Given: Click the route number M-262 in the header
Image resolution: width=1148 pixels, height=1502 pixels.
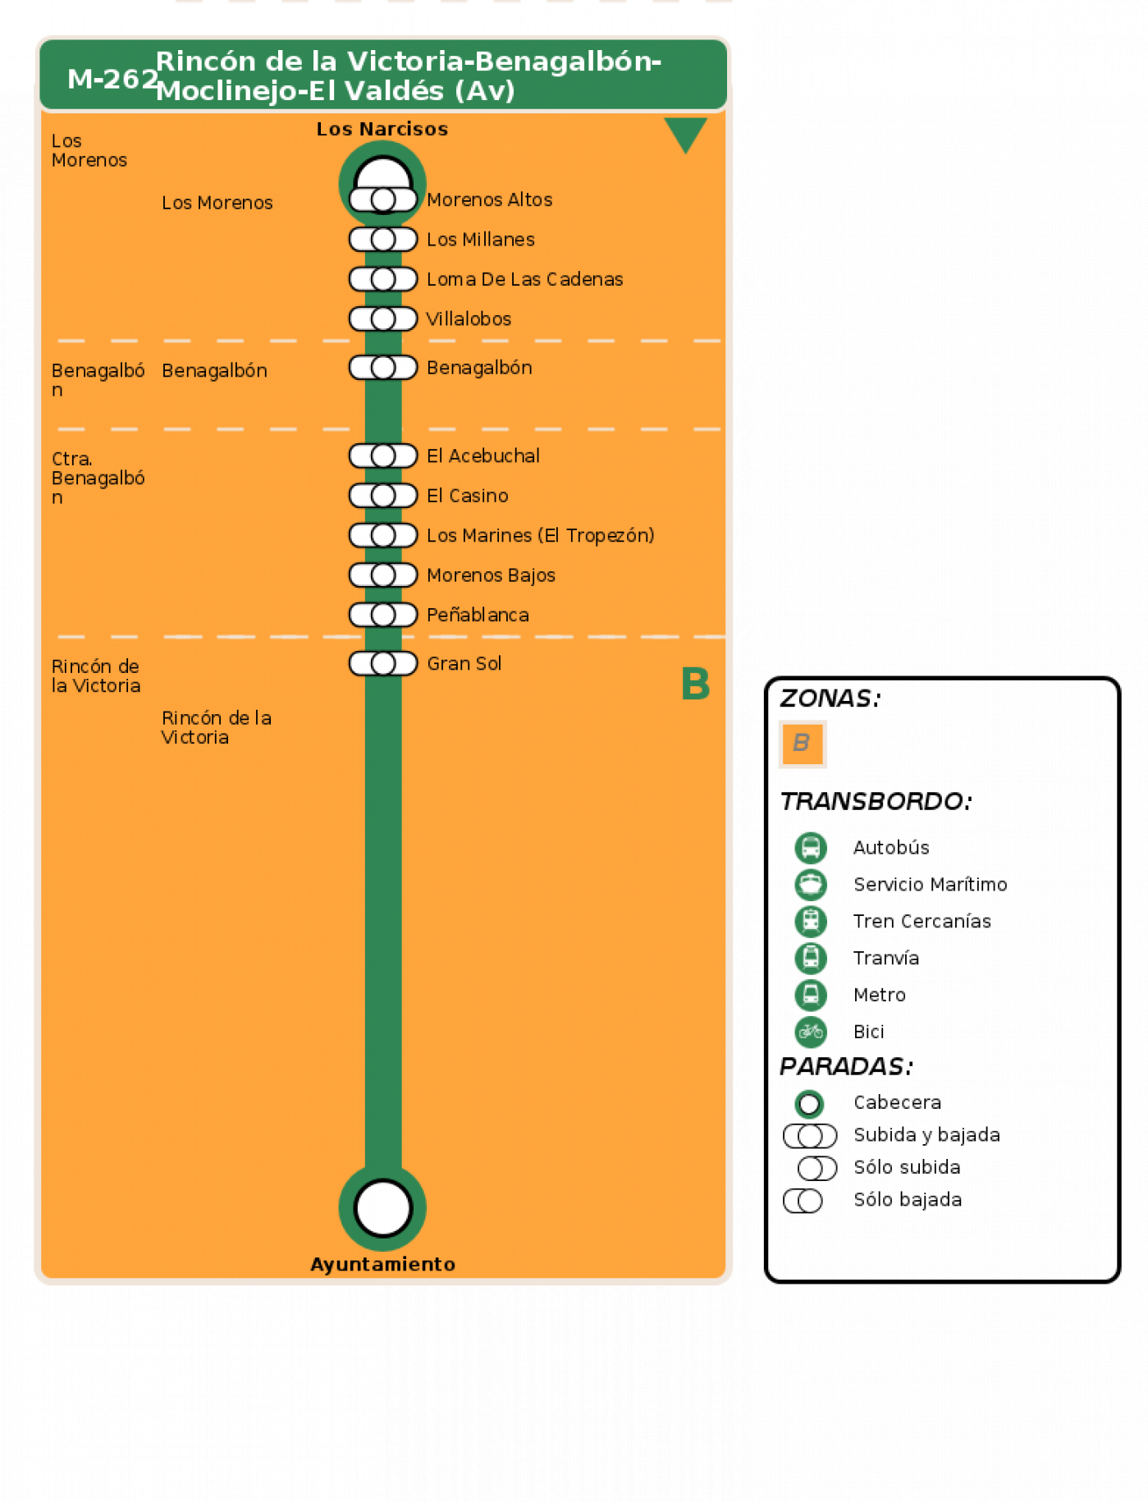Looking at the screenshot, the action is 112,79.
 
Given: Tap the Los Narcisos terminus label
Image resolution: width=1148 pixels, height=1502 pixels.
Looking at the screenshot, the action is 382,129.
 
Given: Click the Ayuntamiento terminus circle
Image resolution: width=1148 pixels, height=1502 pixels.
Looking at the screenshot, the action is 382,1207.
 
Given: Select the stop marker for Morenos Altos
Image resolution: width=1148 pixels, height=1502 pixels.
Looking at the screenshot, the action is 383,199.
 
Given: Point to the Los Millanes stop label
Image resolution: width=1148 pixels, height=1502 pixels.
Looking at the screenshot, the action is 481,240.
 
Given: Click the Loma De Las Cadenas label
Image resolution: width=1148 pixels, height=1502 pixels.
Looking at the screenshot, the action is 525,279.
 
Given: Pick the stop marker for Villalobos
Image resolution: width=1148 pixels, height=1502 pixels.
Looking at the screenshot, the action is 383,318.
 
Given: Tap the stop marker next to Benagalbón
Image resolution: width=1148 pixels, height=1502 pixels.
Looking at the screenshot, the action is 383,368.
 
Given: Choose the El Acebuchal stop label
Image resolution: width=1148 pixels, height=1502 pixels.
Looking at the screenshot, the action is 483,456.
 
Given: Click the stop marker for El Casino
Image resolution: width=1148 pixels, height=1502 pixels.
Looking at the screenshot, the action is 383,496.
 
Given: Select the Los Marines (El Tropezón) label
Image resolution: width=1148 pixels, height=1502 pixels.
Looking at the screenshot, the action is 541,535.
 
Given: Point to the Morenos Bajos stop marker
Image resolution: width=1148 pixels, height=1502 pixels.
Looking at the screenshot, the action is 383,575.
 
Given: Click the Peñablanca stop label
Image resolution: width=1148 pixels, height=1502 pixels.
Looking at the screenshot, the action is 478,615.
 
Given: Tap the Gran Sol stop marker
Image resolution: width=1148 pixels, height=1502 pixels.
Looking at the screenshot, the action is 383,663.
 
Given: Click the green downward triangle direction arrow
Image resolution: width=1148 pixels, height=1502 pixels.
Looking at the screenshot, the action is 685,132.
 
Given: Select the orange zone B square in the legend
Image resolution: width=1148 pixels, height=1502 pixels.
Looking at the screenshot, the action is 803,744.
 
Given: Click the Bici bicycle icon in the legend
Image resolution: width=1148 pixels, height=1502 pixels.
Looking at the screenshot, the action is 811,1032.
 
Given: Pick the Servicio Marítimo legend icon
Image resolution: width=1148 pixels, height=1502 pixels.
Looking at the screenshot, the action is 811,885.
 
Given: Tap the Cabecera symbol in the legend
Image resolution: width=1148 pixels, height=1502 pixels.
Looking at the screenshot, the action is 809,1104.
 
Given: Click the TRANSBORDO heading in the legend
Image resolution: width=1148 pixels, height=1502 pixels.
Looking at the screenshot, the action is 876,801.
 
